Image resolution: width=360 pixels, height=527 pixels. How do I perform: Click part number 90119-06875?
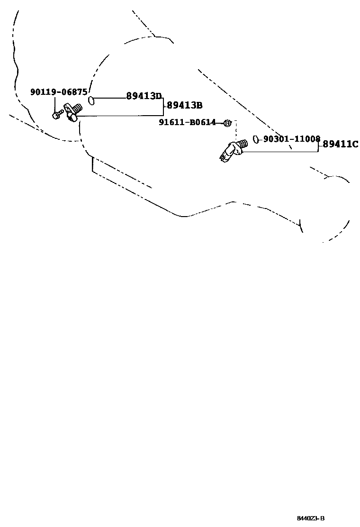pyautogui.click(x=59, y=92)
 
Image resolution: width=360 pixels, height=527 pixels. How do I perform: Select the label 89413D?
pyautogui.click(x=144, y=96)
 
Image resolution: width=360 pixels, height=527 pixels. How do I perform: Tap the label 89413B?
pyautogui.click(x=185, y=105)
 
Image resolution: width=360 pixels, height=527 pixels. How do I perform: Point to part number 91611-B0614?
pyautogui.click(x=187, y=123)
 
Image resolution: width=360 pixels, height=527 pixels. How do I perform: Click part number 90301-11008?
pyautogui.click(x=292, y=139)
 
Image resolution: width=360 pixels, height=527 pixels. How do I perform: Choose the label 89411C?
pyautogui.click(x=341, y=144)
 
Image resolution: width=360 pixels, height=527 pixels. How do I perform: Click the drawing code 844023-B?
pyautogui.click(x=311, y=518)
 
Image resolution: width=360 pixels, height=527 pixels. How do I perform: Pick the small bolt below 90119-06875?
pyautogui.click(x=57, y=114)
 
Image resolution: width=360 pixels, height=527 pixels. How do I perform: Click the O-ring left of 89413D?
pyautogui.click(x=91, y=100)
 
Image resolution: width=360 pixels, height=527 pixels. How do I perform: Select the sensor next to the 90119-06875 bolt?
pyautogui.click(x=74, y=112)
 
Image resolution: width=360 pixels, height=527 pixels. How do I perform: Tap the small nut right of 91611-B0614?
pyautogui.click(x=227, y=123)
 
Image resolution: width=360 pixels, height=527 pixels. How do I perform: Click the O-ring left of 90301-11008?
pyautogui.click(x=255, y=139)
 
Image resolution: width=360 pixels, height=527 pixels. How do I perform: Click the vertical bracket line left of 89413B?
pyautogui.click(x=163, y=107)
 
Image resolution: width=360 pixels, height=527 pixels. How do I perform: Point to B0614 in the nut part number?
pyautogui.click(x=203, y=123)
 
